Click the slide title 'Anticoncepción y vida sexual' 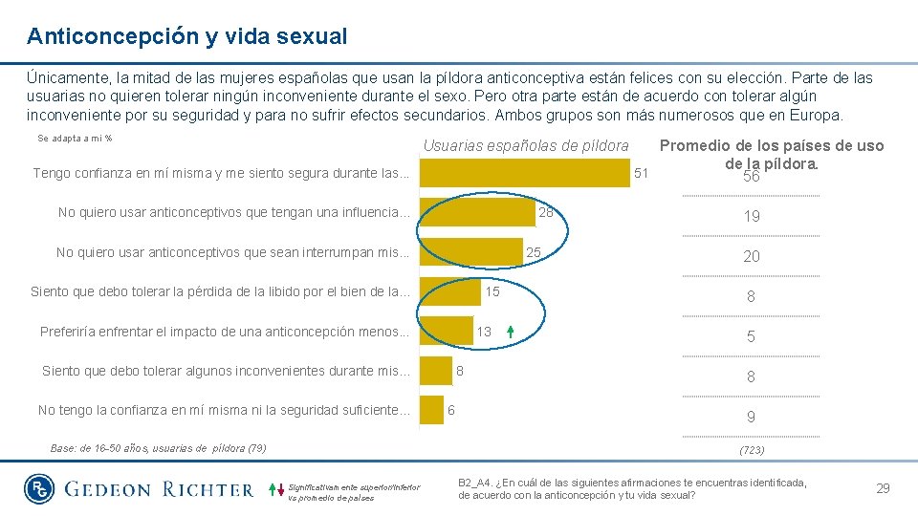(187, 37)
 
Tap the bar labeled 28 (477, 212)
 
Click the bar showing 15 (450, 291)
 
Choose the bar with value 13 (447, 331)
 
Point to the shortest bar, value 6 (432, 410)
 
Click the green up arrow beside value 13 (511, 332)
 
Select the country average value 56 (751, 178)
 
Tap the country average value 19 (752, 216)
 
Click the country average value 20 (752, 256)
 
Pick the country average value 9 (752, 417)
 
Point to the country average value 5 (752, 336)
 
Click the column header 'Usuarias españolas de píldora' (526, 146)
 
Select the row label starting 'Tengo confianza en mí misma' (221, 173)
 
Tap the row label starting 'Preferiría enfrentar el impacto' (225, 332)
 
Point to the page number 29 (883, 488)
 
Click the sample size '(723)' (752, 449)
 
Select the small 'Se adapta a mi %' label (76, 139)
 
